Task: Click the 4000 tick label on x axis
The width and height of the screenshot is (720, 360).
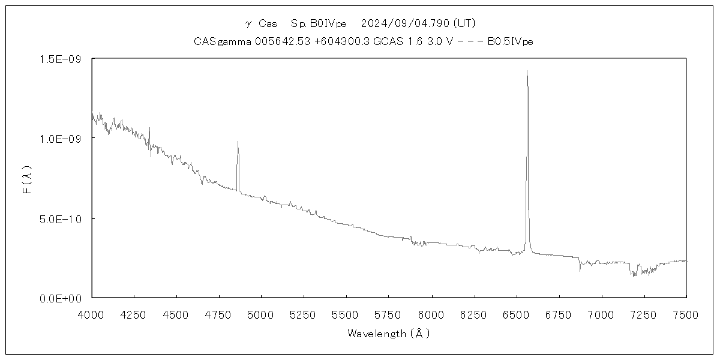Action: [92, 313]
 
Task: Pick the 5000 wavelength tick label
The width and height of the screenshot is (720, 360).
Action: [262, 313]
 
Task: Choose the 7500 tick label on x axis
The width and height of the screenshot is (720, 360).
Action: [686, 313]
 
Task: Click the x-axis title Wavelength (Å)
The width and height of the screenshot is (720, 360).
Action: [389, 334]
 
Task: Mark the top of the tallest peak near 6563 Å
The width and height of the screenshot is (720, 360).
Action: [527, 71]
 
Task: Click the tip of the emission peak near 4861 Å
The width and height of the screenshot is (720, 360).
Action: [238, 142]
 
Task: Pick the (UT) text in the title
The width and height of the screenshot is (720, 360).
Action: [465, 23]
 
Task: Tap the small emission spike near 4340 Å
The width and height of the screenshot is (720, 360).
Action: [149, 128]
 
